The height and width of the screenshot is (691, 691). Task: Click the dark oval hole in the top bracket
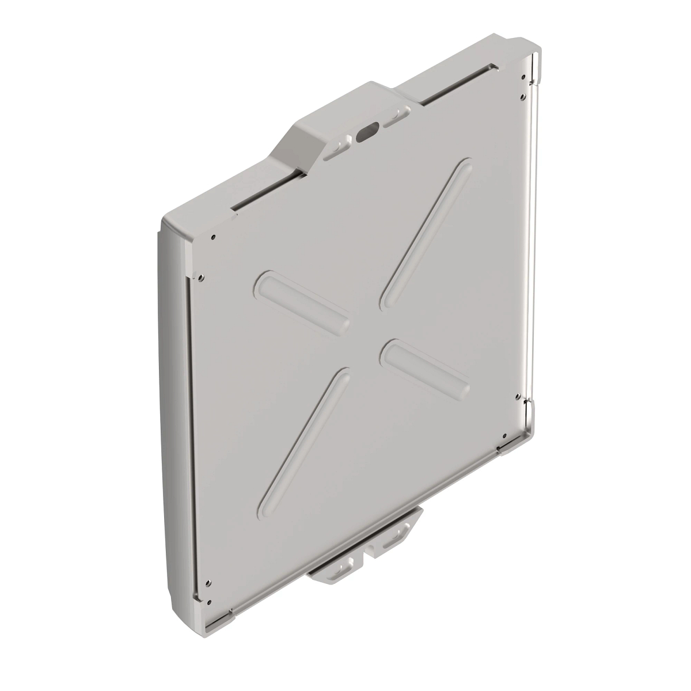[x=367, y=133]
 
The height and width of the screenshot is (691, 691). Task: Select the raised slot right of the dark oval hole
[x=396, y=117]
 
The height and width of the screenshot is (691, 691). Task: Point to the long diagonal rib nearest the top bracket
[x=427, y=233]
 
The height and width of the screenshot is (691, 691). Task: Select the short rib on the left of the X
[x=303, y=301]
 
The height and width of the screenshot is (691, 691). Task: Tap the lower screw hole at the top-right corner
[x=522, y=96]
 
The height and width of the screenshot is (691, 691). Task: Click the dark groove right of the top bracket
[x=455, y=88]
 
